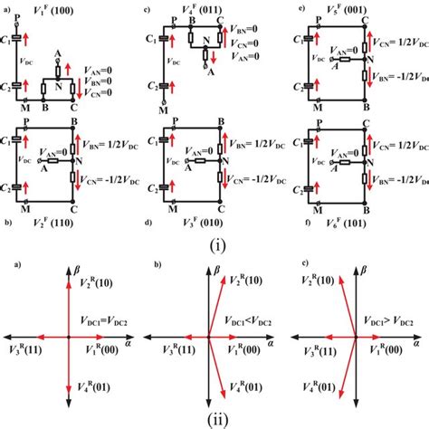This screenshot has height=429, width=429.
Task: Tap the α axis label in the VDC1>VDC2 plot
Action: point(416,344)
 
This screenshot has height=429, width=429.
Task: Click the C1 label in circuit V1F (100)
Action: point(10,41)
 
